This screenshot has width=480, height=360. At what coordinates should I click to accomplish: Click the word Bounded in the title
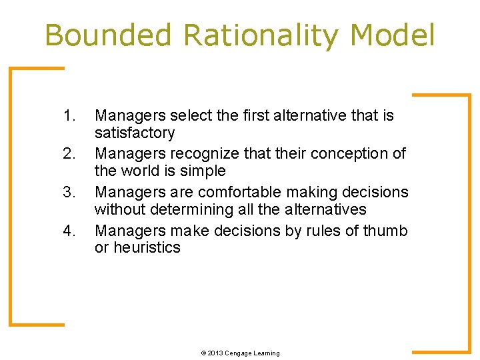[108, 35]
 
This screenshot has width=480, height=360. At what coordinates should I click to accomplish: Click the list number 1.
[70, 116]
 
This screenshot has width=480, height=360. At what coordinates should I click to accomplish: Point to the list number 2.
[70, 154]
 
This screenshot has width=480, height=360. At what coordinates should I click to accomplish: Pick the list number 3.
[70, 193]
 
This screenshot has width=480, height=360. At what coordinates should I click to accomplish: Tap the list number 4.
[70, 231]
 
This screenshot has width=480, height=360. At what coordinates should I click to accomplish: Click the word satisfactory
[135, 133]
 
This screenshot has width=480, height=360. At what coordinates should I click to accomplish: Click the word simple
[203, 171]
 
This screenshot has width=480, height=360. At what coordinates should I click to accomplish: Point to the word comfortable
[238, 193]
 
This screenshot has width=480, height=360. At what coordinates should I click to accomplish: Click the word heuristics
[147, 248]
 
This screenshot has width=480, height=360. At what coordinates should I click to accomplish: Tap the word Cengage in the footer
[239, 353]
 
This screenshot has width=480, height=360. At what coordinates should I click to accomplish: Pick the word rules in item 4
[311, 231]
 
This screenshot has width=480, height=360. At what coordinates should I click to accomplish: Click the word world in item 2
[139, 171]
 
